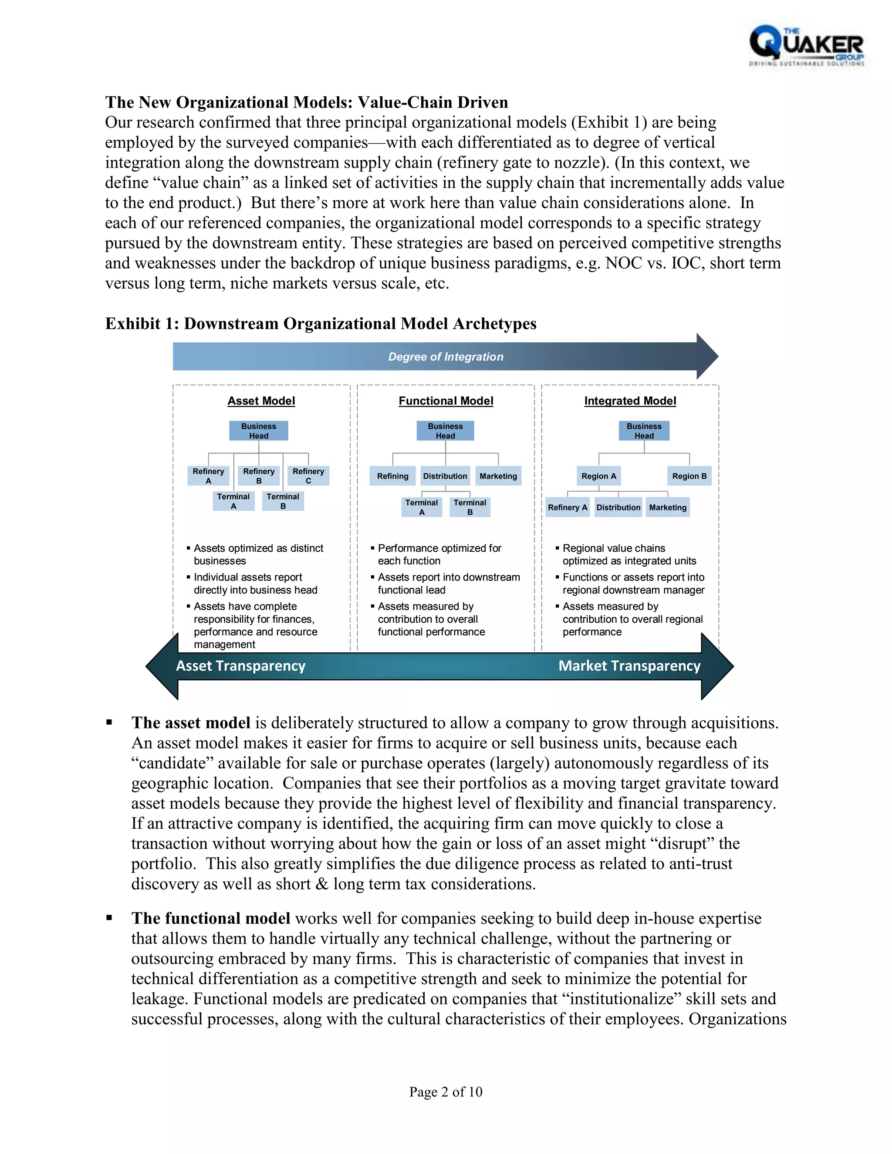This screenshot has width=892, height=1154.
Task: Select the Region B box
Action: (689, 476)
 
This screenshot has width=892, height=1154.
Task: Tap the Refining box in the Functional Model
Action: (392, 476)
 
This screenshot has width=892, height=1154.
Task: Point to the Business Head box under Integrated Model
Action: (644, 431)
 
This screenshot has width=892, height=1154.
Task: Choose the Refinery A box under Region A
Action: (567, 507)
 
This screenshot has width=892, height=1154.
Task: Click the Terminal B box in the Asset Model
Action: (283, 501)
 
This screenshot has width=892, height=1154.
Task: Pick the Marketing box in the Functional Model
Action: (498, 476)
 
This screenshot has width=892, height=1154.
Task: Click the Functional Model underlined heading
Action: (446, 401)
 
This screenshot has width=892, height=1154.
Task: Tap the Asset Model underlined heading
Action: (261, 401)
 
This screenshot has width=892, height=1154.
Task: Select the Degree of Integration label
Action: (446, 357)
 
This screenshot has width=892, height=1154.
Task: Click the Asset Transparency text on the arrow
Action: (240, 666)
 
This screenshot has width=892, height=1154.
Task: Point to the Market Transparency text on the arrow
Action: (629, 666)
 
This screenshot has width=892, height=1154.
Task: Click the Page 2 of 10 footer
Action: (446, 1092)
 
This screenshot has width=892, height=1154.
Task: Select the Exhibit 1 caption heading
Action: (320, 324)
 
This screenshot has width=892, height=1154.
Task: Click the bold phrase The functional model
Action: (211, 918)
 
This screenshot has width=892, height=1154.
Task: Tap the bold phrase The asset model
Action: (191, 723)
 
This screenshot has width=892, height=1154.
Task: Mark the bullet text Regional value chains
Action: (614, 548)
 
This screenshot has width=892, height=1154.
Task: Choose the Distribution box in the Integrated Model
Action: (618, 507)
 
